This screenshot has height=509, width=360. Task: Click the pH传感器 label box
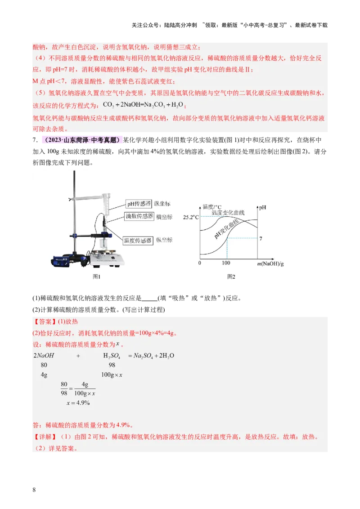click(139, 204)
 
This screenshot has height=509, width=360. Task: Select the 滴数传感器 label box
click(139, 216)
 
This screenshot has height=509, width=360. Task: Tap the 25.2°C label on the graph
click(191, 217)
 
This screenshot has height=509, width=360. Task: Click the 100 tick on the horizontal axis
click(226, 263)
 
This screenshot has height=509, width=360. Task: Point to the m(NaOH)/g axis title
click(270, 263)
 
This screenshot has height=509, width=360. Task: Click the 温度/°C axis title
click(212, 206)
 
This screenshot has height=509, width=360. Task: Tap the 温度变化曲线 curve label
click(228, 212)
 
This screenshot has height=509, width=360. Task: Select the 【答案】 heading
click(45, 322)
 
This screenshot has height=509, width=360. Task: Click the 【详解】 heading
click(45, 437)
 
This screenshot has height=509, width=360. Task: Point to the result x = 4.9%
click(78, 402)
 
